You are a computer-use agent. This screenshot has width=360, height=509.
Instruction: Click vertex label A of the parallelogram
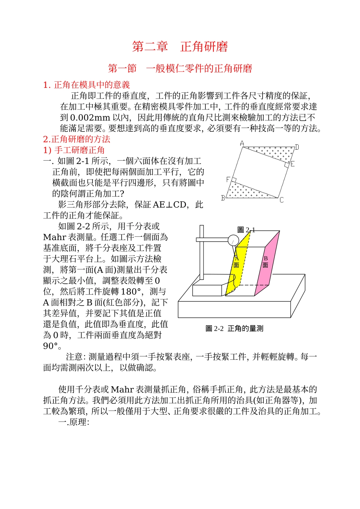pos(242,144)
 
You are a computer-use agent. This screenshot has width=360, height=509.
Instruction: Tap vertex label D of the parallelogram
pos(297,147)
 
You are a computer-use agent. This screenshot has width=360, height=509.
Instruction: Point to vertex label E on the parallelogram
pos(293,164)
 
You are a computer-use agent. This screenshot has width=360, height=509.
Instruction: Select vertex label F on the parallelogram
pos(228,180)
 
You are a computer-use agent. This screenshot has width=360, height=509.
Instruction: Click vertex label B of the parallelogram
pos(223,198)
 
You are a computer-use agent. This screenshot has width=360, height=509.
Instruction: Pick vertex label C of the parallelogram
pos(282,200)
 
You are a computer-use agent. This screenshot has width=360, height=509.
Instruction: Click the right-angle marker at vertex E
pos(287,164)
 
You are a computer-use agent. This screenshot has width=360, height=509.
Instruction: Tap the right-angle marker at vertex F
pos(234,180)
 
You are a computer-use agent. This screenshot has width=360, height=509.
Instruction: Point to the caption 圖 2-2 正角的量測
pos(234,328)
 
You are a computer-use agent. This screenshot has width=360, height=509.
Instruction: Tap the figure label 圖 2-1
pos(246,230)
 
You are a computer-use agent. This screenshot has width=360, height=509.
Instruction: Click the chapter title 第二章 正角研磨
pos(180,47)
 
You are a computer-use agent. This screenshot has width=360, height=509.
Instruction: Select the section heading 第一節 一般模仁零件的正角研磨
pos(180,69)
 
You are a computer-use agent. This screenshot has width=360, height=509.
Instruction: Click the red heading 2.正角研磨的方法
pos(77,139)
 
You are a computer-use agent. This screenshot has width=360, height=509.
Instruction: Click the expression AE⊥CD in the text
pos(170,205)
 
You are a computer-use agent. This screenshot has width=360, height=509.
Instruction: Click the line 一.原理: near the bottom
pos(74,422)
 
